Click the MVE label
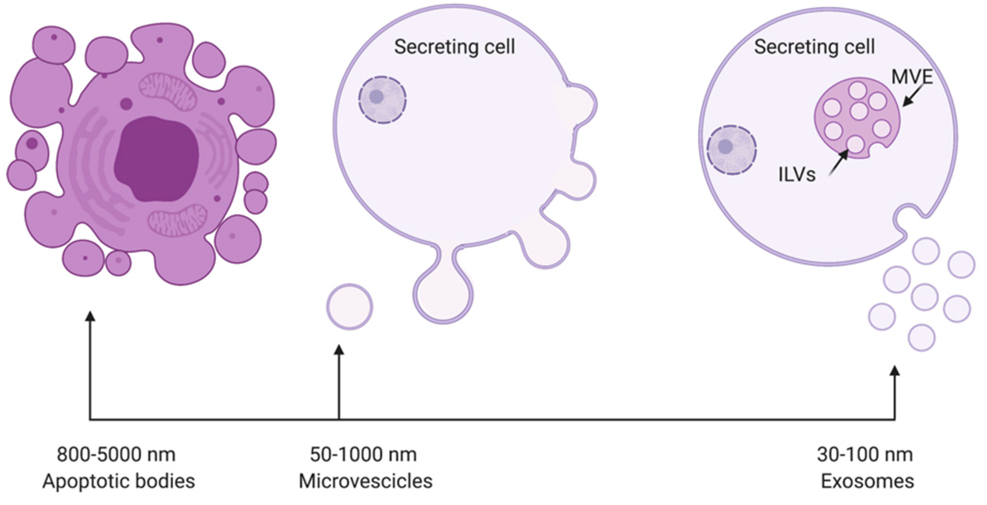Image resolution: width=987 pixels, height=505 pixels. pyautogui.click(x=912, y=77)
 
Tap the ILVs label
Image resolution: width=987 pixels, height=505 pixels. pyautogui.click(x=797, y=175)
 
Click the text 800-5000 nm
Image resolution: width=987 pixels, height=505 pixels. pyautogui.click(x=116, y=455)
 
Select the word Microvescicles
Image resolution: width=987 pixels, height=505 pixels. pyautogui.click(x=366, y=481)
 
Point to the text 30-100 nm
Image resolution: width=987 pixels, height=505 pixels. pyautogui.click(x=865, y=455)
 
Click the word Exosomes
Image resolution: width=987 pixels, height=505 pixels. pyautogui.click(x=867, y=481)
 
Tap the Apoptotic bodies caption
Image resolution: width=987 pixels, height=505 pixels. pyautogui.click(x=118, y=481)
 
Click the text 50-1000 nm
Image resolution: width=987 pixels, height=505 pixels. pyautogui.click(x=363, y=455)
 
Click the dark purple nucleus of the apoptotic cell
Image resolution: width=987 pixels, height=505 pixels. pyautogui.click(x=156, y=158)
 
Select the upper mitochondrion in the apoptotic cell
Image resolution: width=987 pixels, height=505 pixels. pyautogui.click(x=168, y=92)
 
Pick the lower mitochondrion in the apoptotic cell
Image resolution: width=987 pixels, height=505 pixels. pyautogui.click(x=177, y=223)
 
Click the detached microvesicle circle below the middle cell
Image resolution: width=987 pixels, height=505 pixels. pyautogui.click(x=349, y=306)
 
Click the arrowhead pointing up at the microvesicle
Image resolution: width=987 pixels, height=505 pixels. pyautogui.click(x=339, y=349)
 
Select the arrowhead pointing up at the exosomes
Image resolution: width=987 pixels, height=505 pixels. pyautogui.click(x=895, y=371)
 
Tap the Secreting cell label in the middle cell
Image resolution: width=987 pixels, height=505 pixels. pyautogui.click(x=454, y=47)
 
